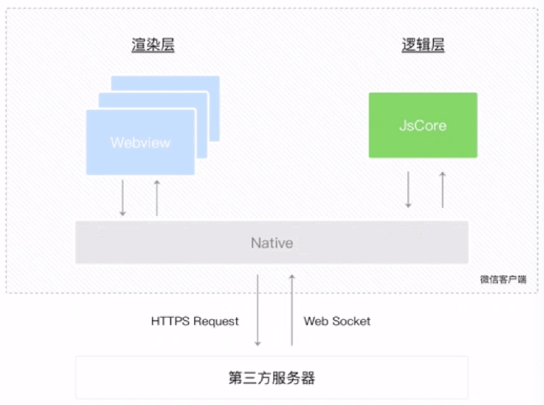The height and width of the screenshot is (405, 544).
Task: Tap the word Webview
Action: coord(141,143)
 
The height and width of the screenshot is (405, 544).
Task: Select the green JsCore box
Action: coord(423,125)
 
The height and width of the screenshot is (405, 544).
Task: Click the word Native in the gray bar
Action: coord(272,243)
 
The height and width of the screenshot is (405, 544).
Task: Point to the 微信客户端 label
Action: coord(503,279)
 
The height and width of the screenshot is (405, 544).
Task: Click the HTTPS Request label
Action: coord(195,321)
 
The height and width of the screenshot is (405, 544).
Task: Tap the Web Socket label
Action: coord(337,321)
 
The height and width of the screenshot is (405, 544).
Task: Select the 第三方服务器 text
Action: coord(272,378)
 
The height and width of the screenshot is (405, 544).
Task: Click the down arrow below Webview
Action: coord(123,198)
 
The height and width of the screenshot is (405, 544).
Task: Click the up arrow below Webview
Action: coord(157,198)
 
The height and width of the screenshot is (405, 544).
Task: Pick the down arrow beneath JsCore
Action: coord(408,189)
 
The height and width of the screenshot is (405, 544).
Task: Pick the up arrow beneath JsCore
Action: coord(443,189)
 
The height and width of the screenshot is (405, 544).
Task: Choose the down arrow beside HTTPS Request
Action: coord(257,310)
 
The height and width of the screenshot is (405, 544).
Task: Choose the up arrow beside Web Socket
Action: coord(292,310)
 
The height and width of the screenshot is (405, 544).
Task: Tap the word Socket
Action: coord(351,321)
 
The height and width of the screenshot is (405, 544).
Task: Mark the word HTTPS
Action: coord(170,321)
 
